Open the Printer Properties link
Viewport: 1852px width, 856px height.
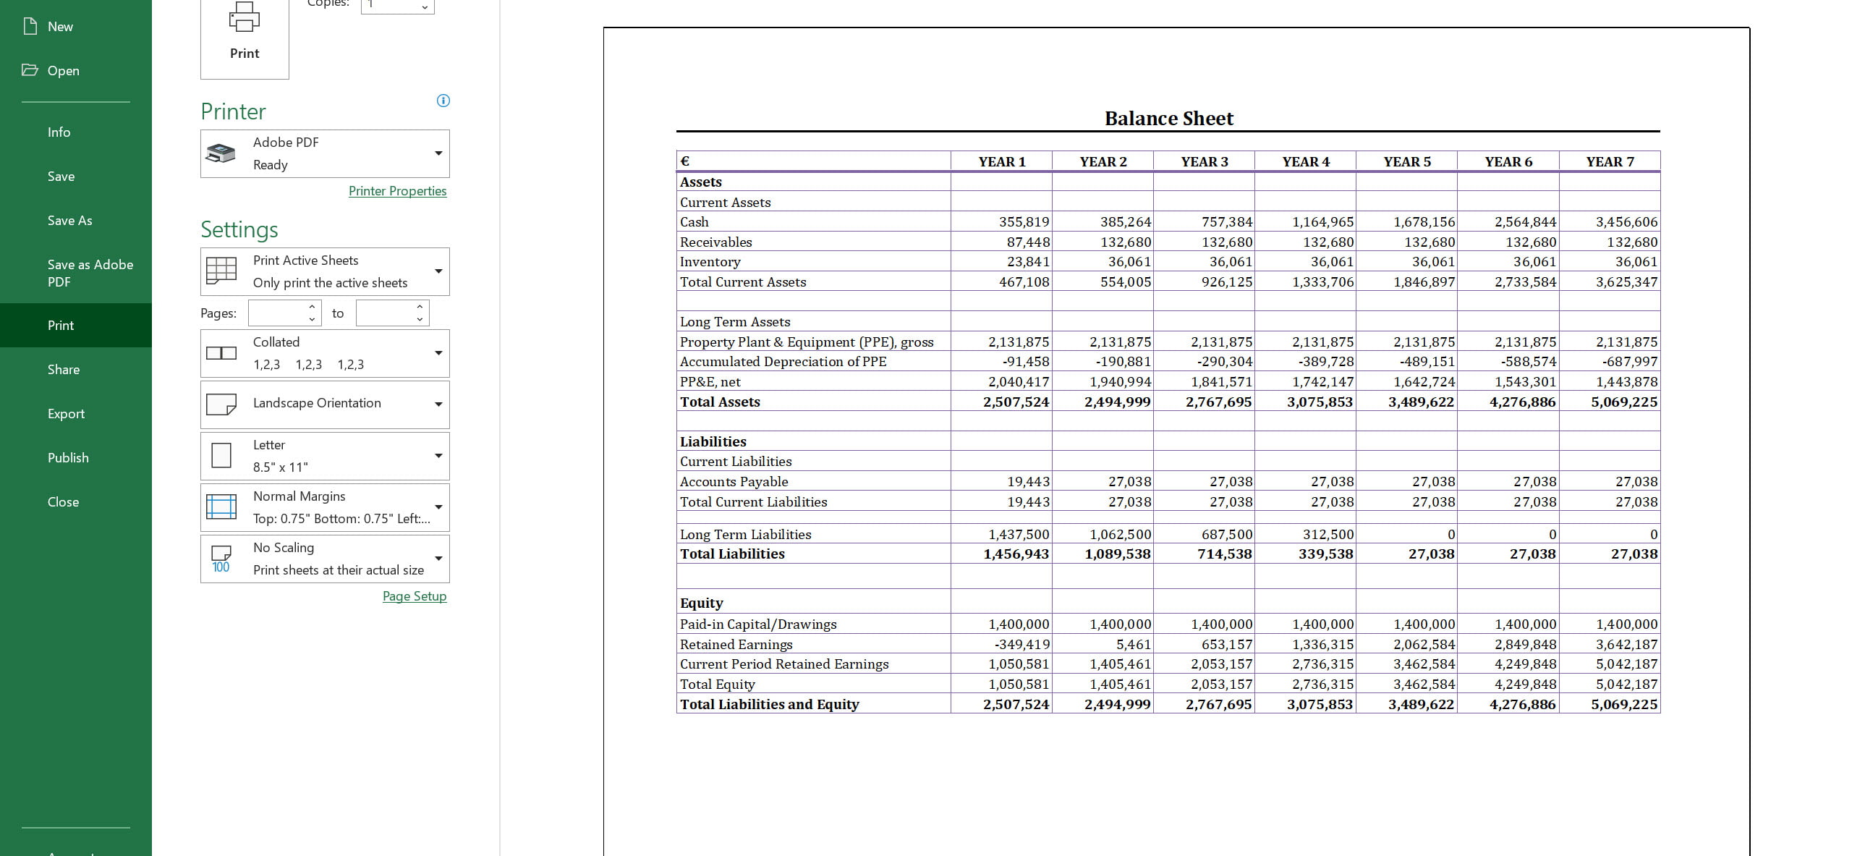397,191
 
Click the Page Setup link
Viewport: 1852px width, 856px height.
414,596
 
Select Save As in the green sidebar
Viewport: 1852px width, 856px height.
70,221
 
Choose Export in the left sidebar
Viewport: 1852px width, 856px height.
66,414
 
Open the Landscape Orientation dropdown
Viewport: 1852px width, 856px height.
325,404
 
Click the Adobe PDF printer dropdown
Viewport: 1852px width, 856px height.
325,153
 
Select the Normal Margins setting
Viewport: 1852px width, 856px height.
325,507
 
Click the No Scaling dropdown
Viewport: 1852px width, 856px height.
325,559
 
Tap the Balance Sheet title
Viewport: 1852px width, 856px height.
1168,119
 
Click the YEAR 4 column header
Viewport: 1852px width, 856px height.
1306,162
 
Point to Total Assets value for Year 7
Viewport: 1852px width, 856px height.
1623,402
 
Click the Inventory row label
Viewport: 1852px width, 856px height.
710,262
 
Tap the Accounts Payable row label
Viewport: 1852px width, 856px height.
734,482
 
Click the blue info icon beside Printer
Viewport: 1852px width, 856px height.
443,101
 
